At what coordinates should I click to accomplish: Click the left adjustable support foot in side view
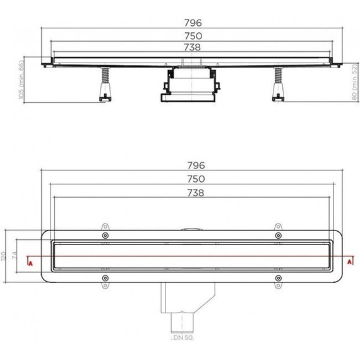102,87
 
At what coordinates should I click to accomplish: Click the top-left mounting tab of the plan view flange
104,227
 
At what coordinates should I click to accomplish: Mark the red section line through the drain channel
189,257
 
